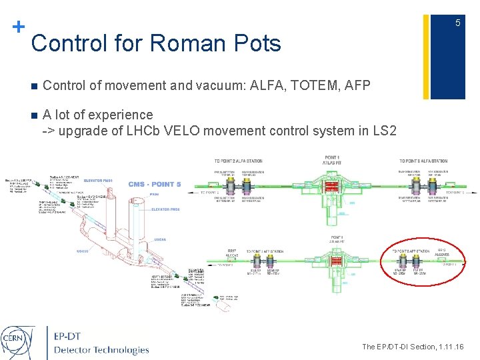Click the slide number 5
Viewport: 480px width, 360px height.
(x=458, y=23)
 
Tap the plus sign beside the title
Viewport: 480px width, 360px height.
(x=19, y=27)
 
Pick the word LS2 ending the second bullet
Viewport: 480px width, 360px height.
(x=384, y=130)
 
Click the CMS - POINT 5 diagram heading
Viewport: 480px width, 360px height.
(x=155, y=185)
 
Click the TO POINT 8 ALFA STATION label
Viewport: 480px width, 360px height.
(x=423, y=161)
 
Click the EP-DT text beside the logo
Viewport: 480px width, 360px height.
(x=72, y=336)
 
